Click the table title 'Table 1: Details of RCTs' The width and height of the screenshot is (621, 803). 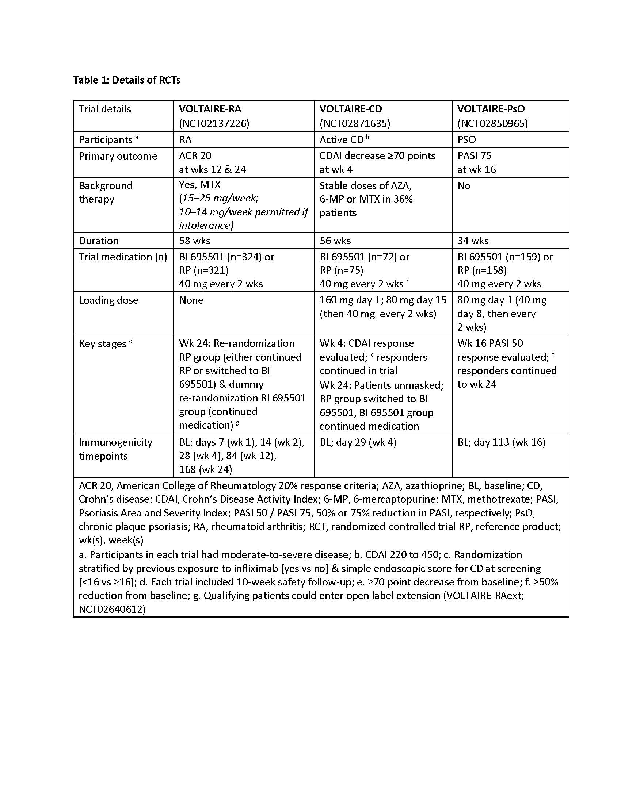(x=126, y=80)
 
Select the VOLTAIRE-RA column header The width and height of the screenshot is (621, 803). (x=210, y=109)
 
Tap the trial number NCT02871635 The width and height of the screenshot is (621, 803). (x=355, y=123)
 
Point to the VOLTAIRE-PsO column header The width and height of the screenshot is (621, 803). (x=491, y=109)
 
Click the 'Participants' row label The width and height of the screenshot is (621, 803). (x=106, y=140)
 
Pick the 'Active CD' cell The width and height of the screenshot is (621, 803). (x=342, y=140)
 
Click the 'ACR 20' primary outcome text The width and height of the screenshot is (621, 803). (x=195, y=156)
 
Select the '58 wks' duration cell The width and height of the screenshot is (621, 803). (x=195, y=241)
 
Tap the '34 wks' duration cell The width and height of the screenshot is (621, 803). (x=473, y=241)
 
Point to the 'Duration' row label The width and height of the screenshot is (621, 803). (x=99, y=241)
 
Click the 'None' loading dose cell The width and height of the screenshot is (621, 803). (x=191, y=300)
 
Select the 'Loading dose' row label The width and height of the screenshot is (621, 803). (x=108, y=300)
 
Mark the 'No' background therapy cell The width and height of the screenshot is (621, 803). (x=464, y=186)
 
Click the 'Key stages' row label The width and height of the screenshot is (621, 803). (x=103, y=344)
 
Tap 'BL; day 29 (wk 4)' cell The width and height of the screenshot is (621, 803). (x=358, y=442)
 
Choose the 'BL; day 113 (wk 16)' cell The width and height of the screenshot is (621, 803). (x=501, y=442)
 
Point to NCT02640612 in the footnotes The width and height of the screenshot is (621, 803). (x=112, y=610)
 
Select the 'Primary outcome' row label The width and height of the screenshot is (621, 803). (x=118, y=156)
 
